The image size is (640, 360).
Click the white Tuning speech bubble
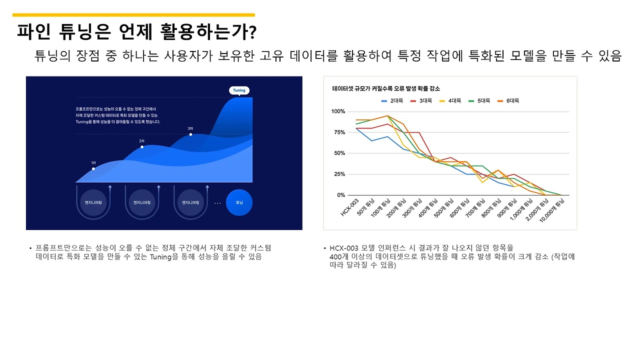[239, 90]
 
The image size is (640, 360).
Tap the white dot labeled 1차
[93, 169]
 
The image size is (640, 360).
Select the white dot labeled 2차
[142, 147]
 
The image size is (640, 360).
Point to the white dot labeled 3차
[190, 134]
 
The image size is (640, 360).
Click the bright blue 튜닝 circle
[239, 202]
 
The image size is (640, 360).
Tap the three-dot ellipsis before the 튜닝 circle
[217, 203]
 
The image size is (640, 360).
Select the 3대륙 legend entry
[422, 100]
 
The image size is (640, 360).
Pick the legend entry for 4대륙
[451, 100]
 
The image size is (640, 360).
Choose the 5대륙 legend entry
[480, 100]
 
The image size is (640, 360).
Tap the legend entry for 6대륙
[509, 100]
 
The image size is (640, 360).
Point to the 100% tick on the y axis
[338, 111]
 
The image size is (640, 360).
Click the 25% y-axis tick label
[339, 174]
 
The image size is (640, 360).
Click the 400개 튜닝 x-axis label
[428, 207]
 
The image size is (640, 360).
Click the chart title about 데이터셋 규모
[386, 88]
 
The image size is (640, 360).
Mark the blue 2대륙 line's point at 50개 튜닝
[371, 140]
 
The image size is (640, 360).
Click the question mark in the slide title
[252, 32]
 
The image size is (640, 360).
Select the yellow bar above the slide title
[133, 15]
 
